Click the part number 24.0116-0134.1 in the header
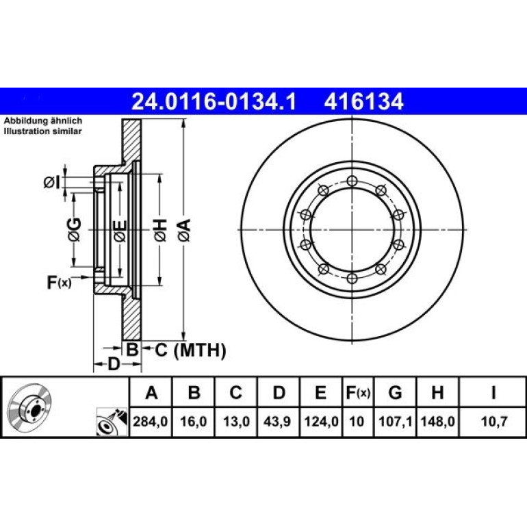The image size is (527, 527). coord(214,101)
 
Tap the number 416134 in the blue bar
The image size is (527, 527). coord(363,101)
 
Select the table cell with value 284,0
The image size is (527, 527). coord(151,422)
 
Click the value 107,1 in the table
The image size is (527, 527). coord(396,422)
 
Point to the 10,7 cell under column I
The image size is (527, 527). coord(493,422)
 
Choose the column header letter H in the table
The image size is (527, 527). coord(437,392)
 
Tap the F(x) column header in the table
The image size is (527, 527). coord(358,393)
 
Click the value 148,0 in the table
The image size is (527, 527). coord(437,422)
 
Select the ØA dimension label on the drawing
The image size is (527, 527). coord(185,230)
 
